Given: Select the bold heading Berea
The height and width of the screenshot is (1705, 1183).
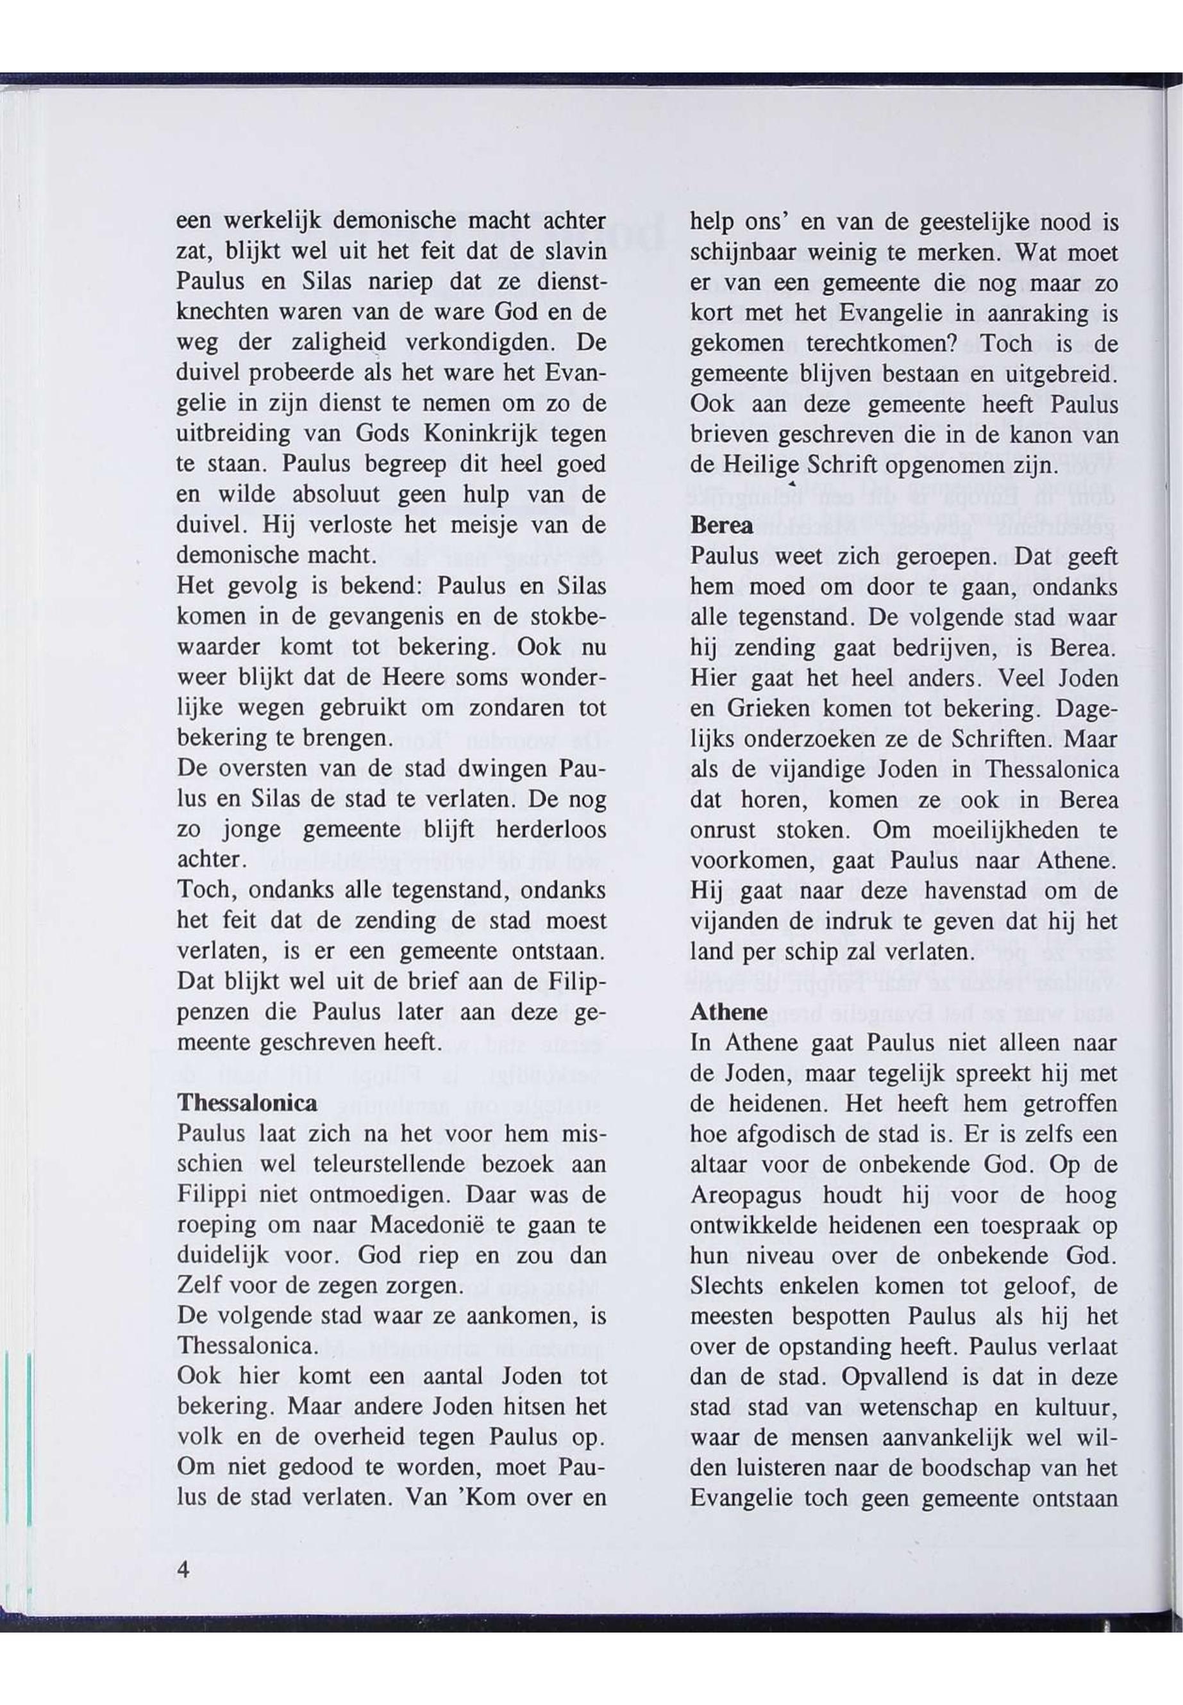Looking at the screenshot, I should point(721,526).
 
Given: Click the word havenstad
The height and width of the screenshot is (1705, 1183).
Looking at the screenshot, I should point(975,890).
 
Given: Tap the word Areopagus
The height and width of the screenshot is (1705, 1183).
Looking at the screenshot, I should point(756,1195).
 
